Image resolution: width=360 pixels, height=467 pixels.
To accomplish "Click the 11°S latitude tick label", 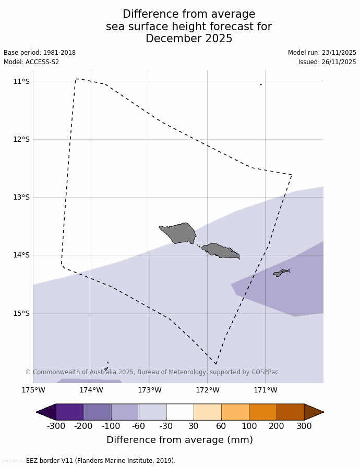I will pos(21,81).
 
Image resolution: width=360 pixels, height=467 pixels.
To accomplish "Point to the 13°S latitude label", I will pos(21,197).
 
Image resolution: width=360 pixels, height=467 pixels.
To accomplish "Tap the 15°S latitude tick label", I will pos(21,313).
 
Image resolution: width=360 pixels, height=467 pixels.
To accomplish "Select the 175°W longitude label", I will pos(33,390).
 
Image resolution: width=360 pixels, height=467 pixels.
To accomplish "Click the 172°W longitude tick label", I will pos(207,390).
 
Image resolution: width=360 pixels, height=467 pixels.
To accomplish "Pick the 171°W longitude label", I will pos(265,390).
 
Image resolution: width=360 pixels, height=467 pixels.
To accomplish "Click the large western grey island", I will pos(179,232).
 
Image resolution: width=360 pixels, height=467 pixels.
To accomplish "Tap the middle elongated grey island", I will pos(220,251).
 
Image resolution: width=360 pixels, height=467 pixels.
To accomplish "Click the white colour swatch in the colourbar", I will pos(180,412).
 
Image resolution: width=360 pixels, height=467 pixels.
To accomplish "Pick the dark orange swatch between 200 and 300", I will pos(290,412).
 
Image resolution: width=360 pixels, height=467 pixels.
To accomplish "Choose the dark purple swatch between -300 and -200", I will pos(69,412).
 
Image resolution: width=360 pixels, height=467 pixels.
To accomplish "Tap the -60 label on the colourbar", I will pos(138,426).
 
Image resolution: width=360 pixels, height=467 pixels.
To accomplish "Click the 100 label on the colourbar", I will pos(249,426).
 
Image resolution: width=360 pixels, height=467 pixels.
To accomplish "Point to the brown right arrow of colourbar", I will pos(314,412).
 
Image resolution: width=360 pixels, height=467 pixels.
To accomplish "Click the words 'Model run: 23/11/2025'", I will pos(322,53).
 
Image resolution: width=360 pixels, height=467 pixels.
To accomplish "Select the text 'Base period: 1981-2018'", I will pos(40,53).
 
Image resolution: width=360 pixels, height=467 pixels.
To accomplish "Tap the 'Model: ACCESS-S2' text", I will pos(31,62).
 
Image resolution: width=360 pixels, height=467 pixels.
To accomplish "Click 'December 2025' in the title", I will pos(189,39).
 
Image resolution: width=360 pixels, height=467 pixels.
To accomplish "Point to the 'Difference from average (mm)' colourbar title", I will pos(179,440).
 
